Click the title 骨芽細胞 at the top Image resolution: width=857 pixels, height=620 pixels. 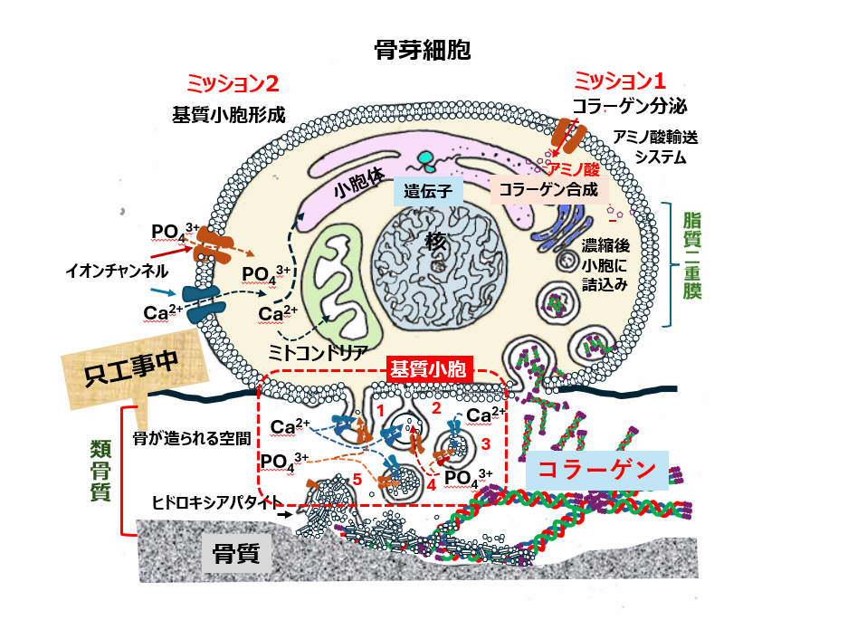pyautogui.click(x=423, y=51)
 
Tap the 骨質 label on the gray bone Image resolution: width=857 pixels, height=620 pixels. pyautogui.click(x=235, y=553)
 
